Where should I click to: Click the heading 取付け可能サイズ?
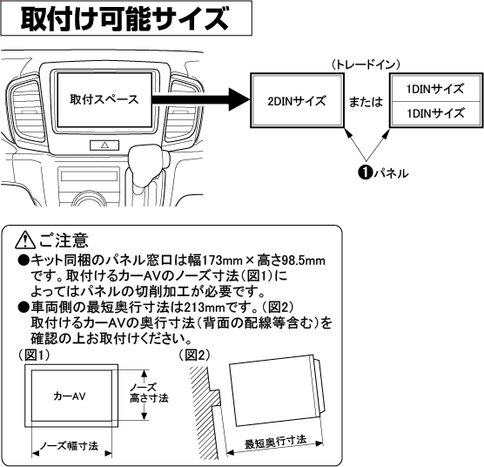point(125,17)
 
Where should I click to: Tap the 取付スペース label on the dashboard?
point(104,98)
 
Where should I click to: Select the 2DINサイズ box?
point(296,101)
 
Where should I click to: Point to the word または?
point(365,101)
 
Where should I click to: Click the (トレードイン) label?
point(365,64)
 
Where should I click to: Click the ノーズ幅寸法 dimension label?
point(69,445)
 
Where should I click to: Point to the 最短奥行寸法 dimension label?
point(274,443)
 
